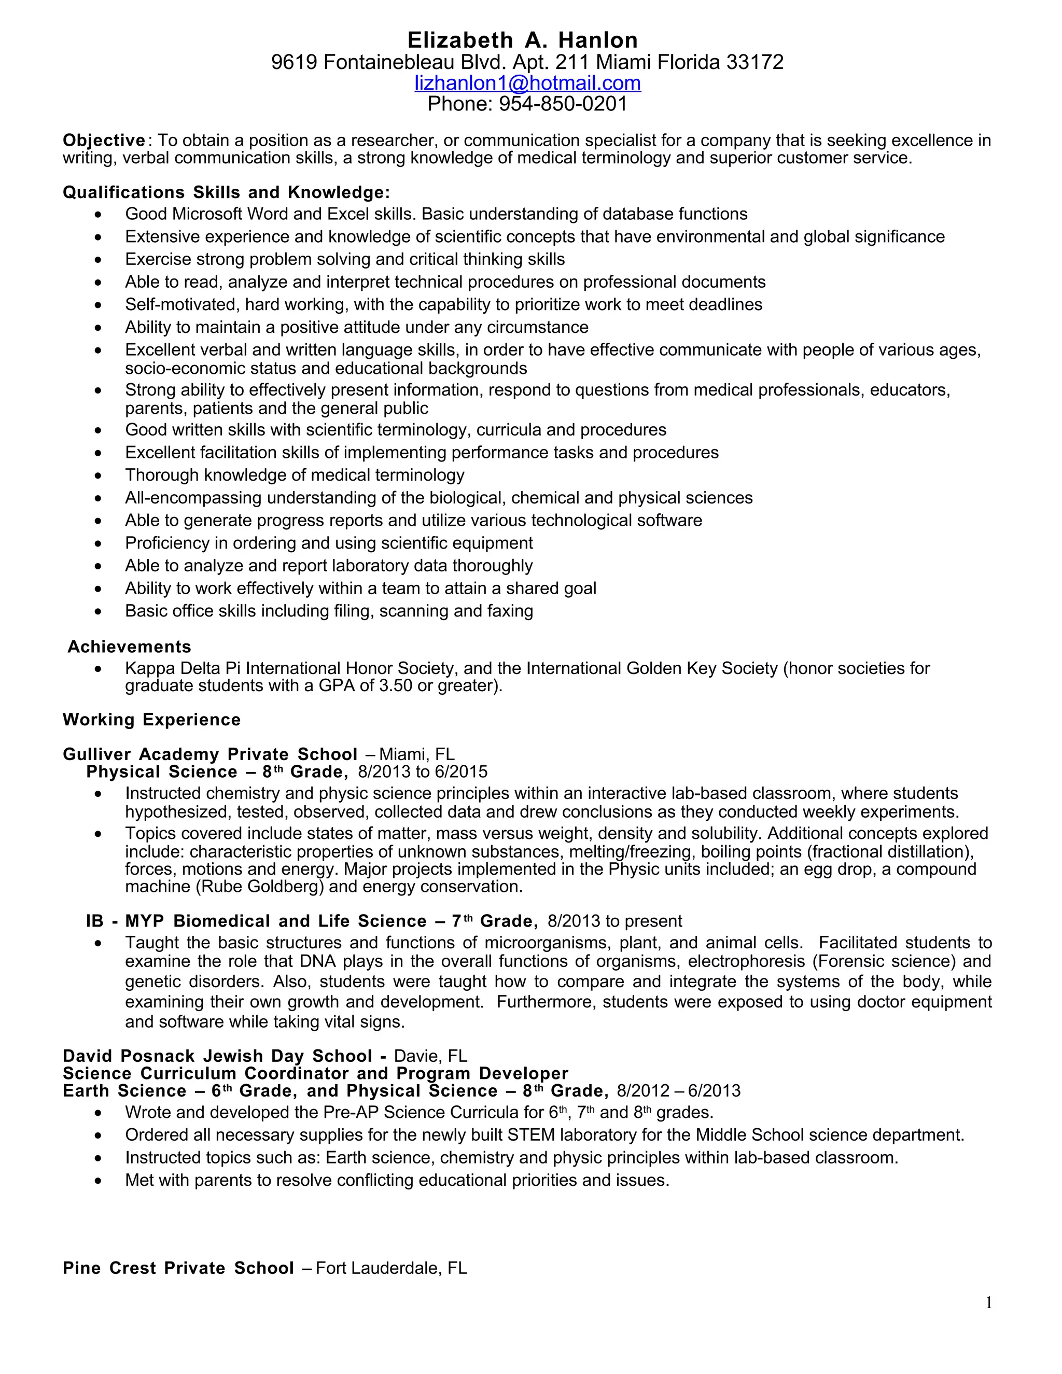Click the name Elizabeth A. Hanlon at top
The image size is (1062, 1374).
(x=522, y=40)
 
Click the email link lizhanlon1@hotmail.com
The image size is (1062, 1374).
(x=527, y=83)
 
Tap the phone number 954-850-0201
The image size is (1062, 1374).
(x=563, y=104)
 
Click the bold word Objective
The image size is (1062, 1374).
(x=104, y=141)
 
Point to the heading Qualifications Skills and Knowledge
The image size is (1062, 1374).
(x=226, y=192)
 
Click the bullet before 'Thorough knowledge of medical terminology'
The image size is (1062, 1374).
(x=97, y=475)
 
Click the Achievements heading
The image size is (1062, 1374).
(x=129, y=647)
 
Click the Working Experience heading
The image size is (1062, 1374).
(x=151, y=720)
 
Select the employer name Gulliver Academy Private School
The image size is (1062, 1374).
(x=210, y=754)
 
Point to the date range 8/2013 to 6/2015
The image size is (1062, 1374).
(x=422, y=772)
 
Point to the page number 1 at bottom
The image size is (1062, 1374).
(x=988, y=1303)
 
